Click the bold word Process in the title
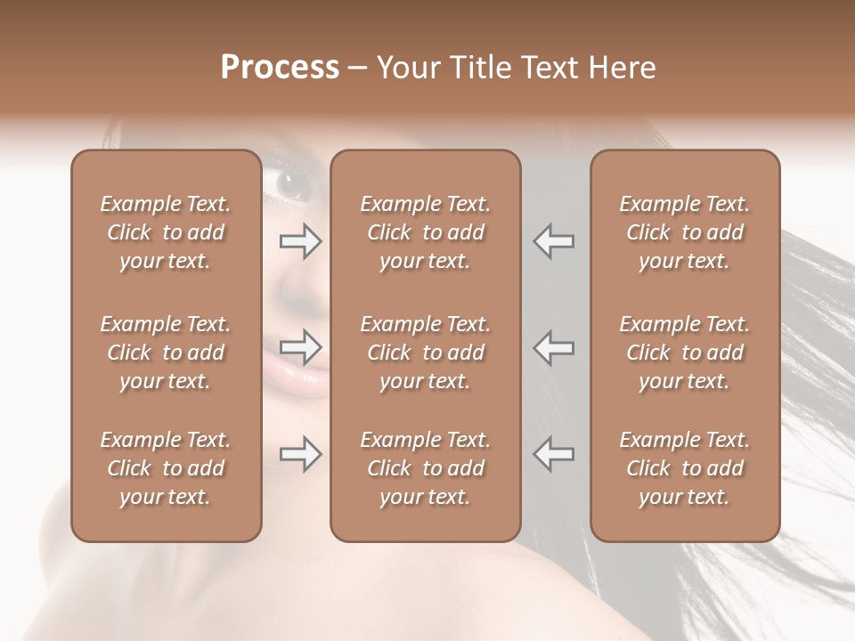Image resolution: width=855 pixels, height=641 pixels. point(280,68)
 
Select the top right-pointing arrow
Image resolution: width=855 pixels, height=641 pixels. point(300,241)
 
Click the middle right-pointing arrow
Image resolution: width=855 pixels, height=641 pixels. point(300,347)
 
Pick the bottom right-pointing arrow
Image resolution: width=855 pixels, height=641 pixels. point(300,454)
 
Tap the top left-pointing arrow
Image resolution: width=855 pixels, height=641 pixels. point(554,241)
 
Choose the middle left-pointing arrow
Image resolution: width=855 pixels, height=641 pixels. point(554,347)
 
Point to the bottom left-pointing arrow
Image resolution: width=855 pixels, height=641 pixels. point(554,454)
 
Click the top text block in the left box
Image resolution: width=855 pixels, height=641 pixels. point(166,232)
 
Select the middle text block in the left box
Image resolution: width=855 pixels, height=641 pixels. point(166,353)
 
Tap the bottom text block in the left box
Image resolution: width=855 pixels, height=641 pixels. point(166,468)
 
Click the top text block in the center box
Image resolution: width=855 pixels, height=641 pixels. point(425,232)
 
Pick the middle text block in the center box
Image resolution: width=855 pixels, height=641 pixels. point(425,353)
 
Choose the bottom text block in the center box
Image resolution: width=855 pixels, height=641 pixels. point(425,468)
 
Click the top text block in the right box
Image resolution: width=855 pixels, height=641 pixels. point(684,232)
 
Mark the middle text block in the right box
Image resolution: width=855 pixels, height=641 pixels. point(684,353)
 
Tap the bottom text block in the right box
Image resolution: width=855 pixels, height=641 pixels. point(684,468)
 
